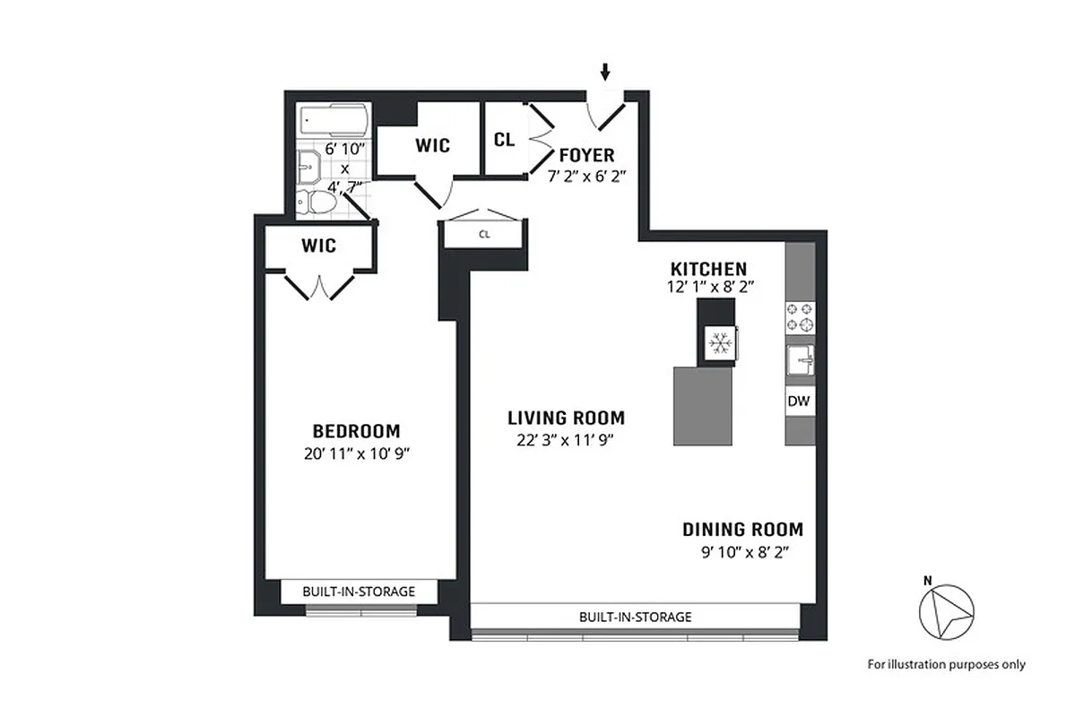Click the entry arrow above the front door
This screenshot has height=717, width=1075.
[606, 71]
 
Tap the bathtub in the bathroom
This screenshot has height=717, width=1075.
[332, 118]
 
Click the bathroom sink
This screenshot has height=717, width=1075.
[308, 164]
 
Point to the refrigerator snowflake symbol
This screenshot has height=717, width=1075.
[718, 342]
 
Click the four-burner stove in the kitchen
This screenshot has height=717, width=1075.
[801, 316]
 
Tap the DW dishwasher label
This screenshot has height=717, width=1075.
[799, 402]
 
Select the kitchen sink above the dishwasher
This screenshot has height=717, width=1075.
[800, 360]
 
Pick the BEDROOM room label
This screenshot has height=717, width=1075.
[356, 430]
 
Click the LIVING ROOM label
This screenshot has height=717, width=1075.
[566, 418]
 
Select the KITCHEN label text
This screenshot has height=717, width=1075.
[708, 269]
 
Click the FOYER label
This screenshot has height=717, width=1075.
[586, 156]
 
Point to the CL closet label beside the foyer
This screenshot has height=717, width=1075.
[504, 140]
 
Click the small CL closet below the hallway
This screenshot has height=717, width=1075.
[484, 235]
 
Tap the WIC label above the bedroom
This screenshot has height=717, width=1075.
[318, 245]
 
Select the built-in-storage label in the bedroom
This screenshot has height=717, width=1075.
[359, 592]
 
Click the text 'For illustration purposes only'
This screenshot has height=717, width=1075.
[946, 664]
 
